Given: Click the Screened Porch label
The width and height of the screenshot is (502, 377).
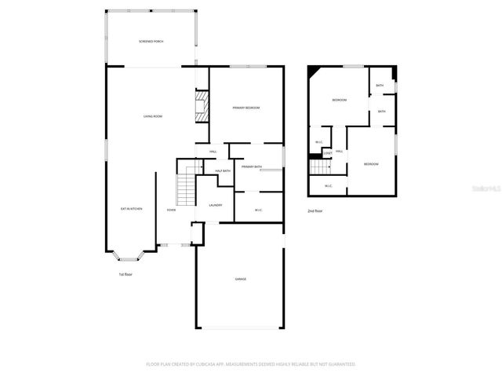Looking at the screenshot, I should pyautogui.click(x=151, y=41).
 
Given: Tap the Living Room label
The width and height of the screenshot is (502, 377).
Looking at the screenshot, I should pyautogui.click(x=152, y=116).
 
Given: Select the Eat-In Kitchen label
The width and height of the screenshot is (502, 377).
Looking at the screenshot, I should pyautogui.click(x=131, y=209).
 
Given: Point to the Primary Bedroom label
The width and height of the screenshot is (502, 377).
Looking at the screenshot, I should pyautogui.click(x=246, y=108).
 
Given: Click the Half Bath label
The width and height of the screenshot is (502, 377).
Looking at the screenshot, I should pyautogui.click(x=223, y=170).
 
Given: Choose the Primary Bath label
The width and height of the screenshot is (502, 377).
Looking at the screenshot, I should pyautogui.click(x=252, y=167).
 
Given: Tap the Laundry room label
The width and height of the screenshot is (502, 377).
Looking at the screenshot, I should pyautogui.click(x=215, y=205).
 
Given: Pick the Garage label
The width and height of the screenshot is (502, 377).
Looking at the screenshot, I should pyautogui.click(x=241, y=279).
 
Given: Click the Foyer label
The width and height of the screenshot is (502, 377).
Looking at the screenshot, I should pyautogui.click(x=171, y=210).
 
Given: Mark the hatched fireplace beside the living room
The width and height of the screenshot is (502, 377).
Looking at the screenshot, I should pyautogui.click(x=202, y=107).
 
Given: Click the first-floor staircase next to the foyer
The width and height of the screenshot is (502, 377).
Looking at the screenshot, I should pyautogui.click(x=185, y=188).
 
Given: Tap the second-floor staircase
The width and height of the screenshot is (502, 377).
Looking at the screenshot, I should pyautogui.click(x=318, y=167).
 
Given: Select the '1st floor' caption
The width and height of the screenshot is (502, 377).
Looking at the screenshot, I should pyautogui.click(x=125, y=274).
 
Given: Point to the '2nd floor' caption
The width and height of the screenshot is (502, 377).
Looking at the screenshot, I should pyautogui.click(x=315, y=211).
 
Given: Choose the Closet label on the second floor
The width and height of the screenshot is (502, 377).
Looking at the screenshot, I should pyautogui.click(x=328, y=152).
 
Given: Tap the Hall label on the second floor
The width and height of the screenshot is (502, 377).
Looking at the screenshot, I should pyautogui.click(x=340, y=151).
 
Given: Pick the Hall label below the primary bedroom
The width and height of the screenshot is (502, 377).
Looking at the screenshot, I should pyautogui.click(x=213, y=152).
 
